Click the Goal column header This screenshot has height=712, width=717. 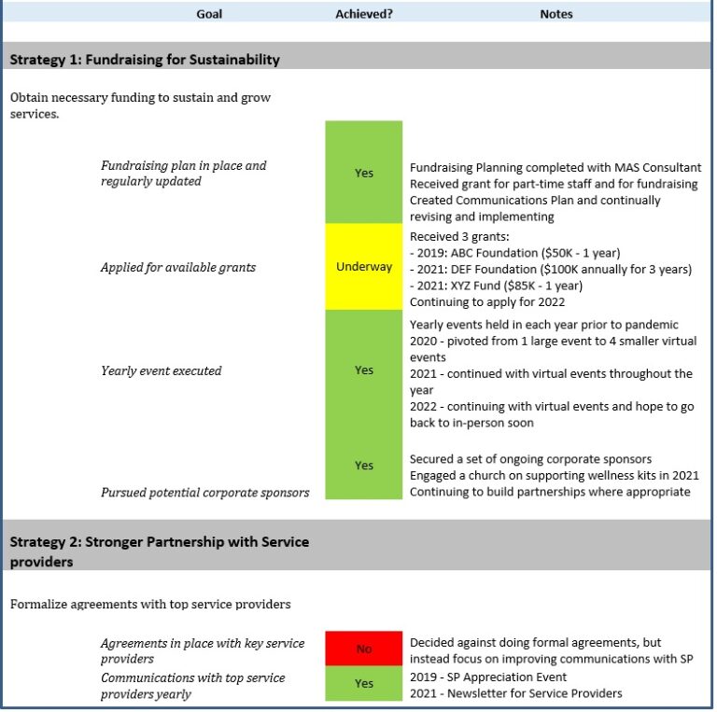(x=209, y=14)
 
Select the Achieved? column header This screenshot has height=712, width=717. (x=363, y=14)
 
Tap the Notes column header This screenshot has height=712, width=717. (x=556, y=14)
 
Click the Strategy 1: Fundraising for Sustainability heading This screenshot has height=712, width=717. (x=145, y=60)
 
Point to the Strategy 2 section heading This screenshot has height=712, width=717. (x=159, y=551)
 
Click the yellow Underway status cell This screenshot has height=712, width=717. (x=363, y=267)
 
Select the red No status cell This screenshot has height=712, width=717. (x=363, y=649)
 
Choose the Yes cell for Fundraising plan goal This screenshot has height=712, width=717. (x=363, y=173)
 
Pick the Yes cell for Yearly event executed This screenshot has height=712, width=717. (x=363, y=370)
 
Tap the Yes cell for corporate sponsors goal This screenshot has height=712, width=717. (x=363, y=466)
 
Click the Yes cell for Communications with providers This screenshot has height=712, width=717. (x=363, y=684)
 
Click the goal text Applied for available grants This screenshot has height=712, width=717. (x=178, y=268)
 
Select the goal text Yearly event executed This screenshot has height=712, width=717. (x=162, y=371)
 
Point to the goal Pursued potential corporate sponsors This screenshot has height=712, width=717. (x=204, y=493)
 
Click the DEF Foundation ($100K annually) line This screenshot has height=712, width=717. (x=551, y=270)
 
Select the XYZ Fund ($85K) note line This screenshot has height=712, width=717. (x=496, y=286)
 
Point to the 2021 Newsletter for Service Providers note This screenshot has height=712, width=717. (x=515, y=693)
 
